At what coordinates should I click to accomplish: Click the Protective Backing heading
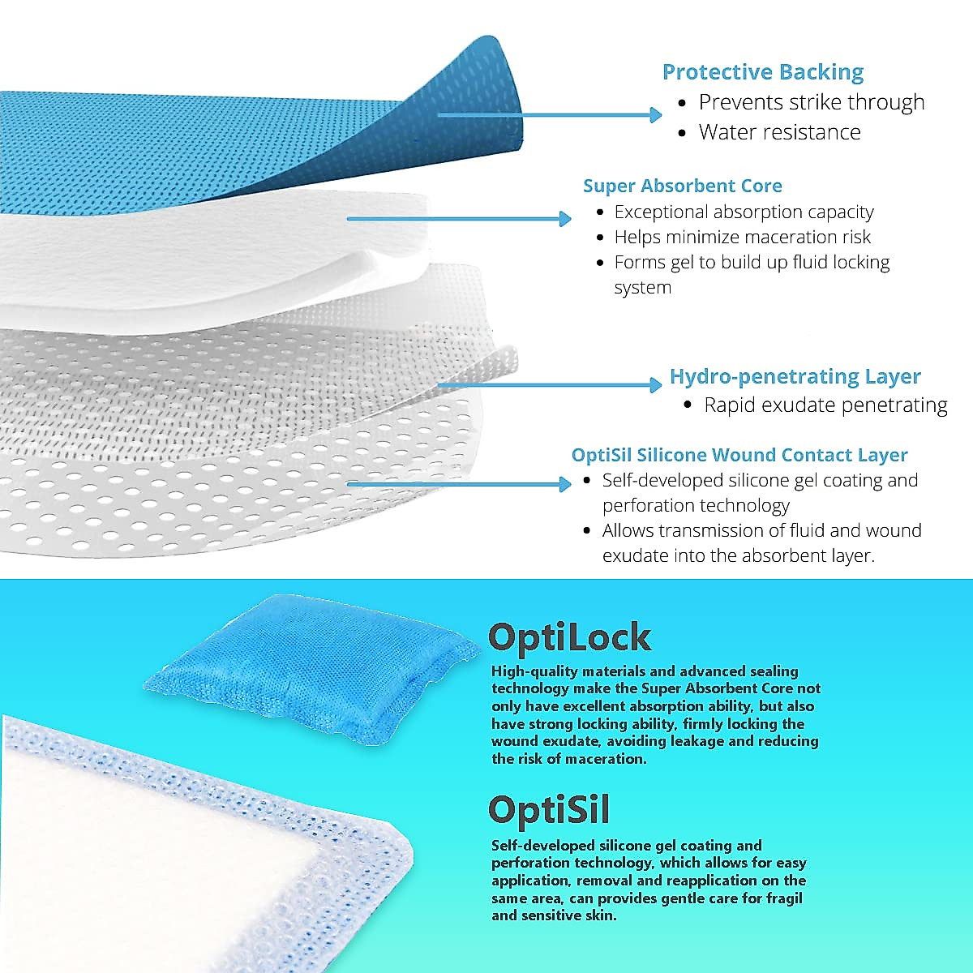[x=762, y=72]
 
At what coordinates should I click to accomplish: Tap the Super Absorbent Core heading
[x=682, y=186]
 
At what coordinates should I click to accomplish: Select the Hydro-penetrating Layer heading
[x=795, y=376]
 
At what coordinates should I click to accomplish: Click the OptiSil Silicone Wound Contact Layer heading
[x=739, y=455]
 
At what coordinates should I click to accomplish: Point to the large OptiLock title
[x=569, y=637]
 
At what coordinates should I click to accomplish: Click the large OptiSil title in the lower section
[x=548, y=809]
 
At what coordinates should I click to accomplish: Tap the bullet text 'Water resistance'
[x=779, y=132]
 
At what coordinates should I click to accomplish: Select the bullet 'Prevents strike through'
[x=811, y=102]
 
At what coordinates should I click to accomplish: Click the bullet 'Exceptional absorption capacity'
[x=744, y=212]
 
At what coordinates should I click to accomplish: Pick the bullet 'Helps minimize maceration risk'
[x=742, y=238]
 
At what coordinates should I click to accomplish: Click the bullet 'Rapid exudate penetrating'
[x=825, y=405]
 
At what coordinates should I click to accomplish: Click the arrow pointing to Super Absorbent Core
[x=459, y=218]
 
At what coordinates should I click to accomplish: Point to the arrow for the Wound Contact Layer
[x=459, y=485]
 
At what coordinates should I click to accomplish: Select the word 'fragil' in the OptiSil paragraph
[x=783, y=898]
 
